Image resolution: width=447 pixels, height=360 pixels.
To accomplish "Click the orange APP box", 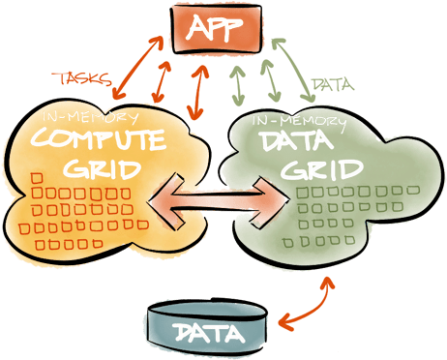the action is pyautogui.click(x=222, y=28).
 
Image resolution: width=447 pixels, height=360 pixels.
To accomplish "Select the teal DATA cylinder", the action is pyautogui.click(x=206, y=330).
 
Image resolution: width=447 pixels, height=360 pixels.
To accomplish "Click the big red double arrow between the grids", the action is pyautogui.click(x=222, y=199).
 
